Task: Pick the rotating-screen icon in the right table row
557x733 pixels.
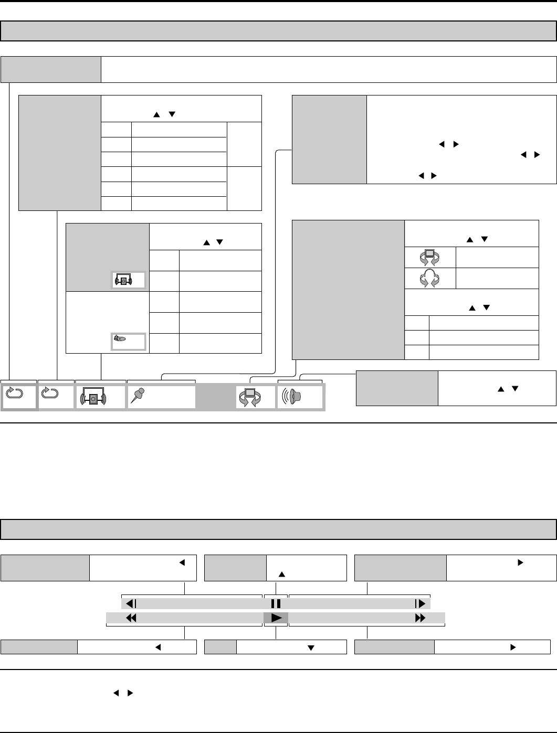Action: click(430, 257)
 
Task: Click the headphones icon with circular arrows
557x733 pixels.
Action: click(430, 278)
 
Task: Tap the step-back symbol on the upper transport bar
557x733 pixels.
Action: click(131, 603)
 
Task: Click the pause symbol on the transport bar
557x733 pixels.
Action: click(276, 603)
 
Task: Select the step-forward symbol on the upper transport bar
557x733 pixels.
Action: click(420, 603)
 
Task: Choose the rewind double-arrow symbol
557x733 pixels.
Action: click(131, 618)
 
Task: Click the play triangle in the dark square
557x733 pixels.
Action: click(276, 618)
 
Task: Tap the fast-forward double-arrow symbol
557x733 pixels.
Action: click(420, 618)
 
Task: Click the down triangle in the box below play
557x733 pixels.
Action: click(311, 647)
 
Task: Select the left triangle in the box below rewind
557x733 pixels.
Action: click(157, 647)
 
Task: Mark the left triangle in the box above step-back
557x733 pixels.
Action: click(183, 562)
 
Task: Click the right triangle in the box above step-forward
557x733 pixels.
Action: click(521, 562)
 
